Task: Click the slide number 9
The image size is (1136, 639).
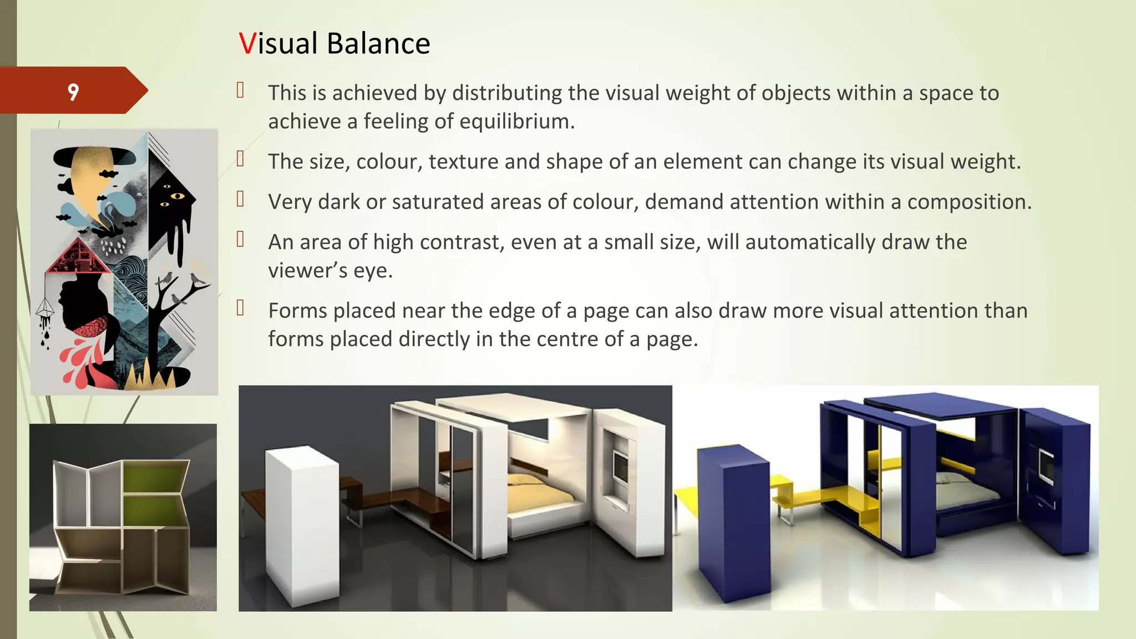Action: tap(73, 92)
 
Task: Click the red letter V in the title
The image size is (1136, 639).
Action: tap(247, 44)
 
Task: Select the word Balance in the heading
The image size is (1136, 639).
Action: tap(378, 44)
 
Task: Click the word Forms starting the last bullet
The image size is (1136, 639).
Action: tap(301, 311)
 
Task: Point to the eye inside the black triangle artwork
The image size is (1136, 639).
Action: tap(177, 196)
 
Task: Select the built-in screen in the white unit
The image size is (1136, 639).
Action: tap(620, 467)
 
